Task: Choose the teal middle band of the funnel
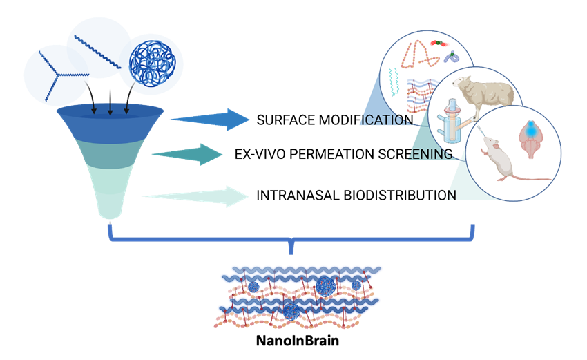110,156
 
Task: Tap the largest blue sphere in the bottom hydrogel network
325,283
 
